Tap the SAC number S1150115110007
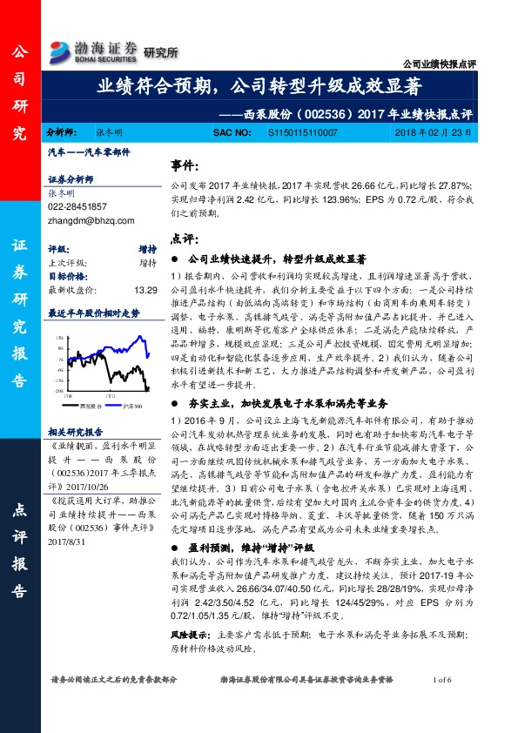click(x=303, y=132)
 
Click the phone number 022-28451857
click(x=77, y=206)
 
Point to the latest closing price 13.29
click(x=146, y=291)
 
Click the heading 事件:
click(x=183, y=165)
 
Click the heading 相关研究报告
click(x=76, y=431)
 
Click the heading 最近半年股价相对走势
click(x=93, y=311)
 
